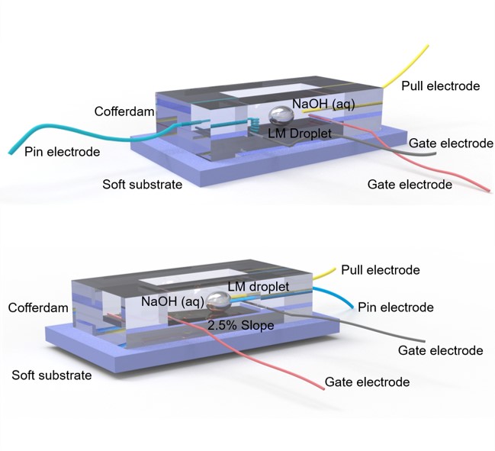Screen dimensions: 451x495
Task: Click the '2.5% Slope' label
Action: click(x=240, y=324)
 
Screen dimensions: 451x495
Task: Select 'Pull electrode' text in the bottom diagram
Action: click(x=380, y=269)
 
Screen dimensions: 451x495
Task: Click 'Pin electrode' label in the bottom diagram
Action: click(x=395, y=308)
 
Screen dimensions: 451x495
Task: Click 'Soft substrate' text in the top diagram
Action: click(x=143, y=184)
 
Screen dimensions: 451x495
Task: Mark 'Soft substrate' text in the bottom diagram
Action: click(x=52, y=375)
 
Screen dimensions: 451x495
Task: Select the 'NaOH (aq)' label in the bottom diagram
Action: click(x=171, y=301)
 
